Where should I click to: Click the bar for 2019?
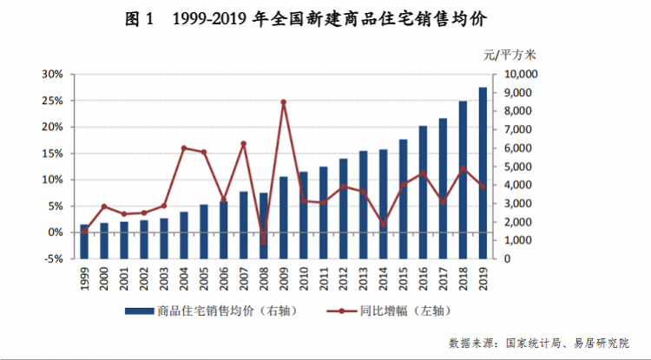tap(483, 173)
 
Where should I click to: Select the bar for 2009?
tap(283, 218)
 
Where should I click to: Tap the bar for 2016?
tap(423, 193)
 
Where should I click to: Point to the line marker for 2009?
tap(283, 102)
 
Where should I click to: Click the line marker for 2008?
tap(263, 241)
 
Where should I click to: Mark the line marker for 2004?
tap(184, 148)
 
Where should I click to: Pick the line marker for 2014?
tap(383, 224)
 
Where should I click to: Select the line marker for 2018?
tap(463, 168)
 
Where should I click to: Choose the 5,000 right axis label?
tap(518, 167)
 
